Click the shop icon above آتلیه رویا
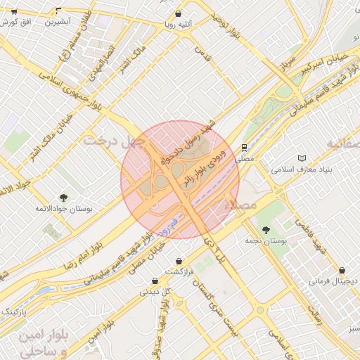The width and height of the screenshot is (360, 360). click(x=178, y=14)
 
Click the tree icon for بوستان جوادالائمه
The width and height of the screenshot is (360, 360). click(x=64, y=198)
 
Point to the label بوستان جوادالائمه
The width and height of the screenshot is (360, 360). click(x=64, y=209)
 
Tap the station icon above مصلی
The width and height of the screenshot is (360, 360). click(x=243, y=148)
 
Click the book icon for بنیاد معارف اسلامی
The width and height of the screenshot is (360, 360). click(x=302, y=159)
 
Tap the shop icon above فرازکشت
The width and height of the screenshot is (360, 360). click(x=179, y=261)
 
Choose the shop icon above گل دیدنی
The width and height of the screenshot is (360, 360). click(x=154, y=281)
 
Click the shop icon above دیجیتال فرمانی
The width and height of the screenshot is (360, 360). click(x=342, y=270)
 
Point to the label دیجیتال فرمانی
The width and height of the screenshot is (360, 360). click(x=334, y=281)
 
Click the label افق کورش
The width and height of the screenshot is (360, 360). click(x=18, y=22)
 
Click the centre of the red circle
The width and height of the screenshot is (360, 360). click(x=180, y=180)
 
